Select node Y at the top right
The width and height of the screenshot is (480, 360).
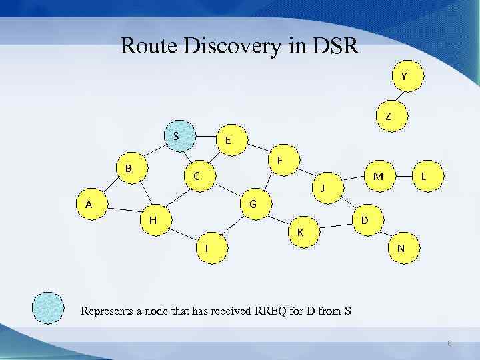(404, 76)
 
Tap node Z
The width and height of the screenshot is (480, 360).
(388, 117)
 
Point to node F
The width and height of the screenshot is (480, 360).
(281, 160)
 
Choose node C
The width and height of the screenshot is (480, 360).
(197, 176)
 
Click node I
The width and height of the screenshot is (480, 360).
(208, 247)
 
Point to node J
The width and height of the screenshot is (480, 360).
(324, 187)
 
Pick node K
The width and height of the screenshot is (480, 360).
(301, 231)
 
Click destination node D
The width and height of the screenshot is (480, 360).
(365, 219)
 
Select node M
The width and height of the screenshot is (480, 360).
(378, 176)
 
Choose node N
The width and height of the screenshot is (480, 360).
(401, 247)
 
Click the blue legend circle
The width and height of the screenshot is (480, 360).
(49, 308)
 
